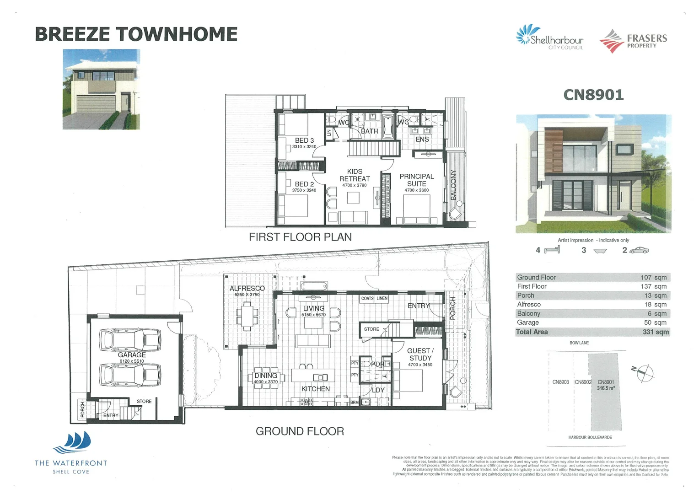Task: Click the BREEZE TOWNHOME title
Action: pyautogui.click(x=136, y=34)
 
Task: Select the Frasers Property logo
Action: pyautogui.click(x=634, y=41)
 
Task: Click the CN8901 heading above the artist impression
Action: pyautogui.click(x=593, y=95)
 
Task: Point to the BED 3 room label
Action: pyautogui.click(x=304, y=140)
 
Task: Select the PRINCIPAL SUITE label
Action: pyautogui.click(x=416, y=180)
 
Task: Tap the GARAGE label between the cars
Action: pyautogui.click(x=132, y=355)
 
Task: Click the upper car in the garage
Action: pyautogui.click(x=130, y=340)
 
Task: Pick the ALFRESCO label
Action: pyautogui.click(x=247, y=288)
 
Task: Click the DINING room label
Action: pyautogui.click(x=266, y=376)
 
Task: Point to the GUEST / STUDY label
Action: pyautogui.click(x=420, y=354)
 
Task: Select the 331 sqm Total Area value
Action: pyautogui.click(x=656, y=332)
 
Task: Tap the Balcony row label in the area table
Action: pyautogui.click(x=528, y=314)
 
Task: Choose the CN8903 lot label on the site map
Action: pyautogui.click(x=560, y=382)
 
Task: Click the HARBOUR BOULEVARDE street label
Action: pyautogui.click(x=590, y=437)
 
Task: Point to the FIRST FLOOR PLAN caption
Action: pyautogui.click(x=300, y=237)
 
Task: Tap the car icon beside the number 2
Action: pyautogui.click(x=639, y=250)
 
